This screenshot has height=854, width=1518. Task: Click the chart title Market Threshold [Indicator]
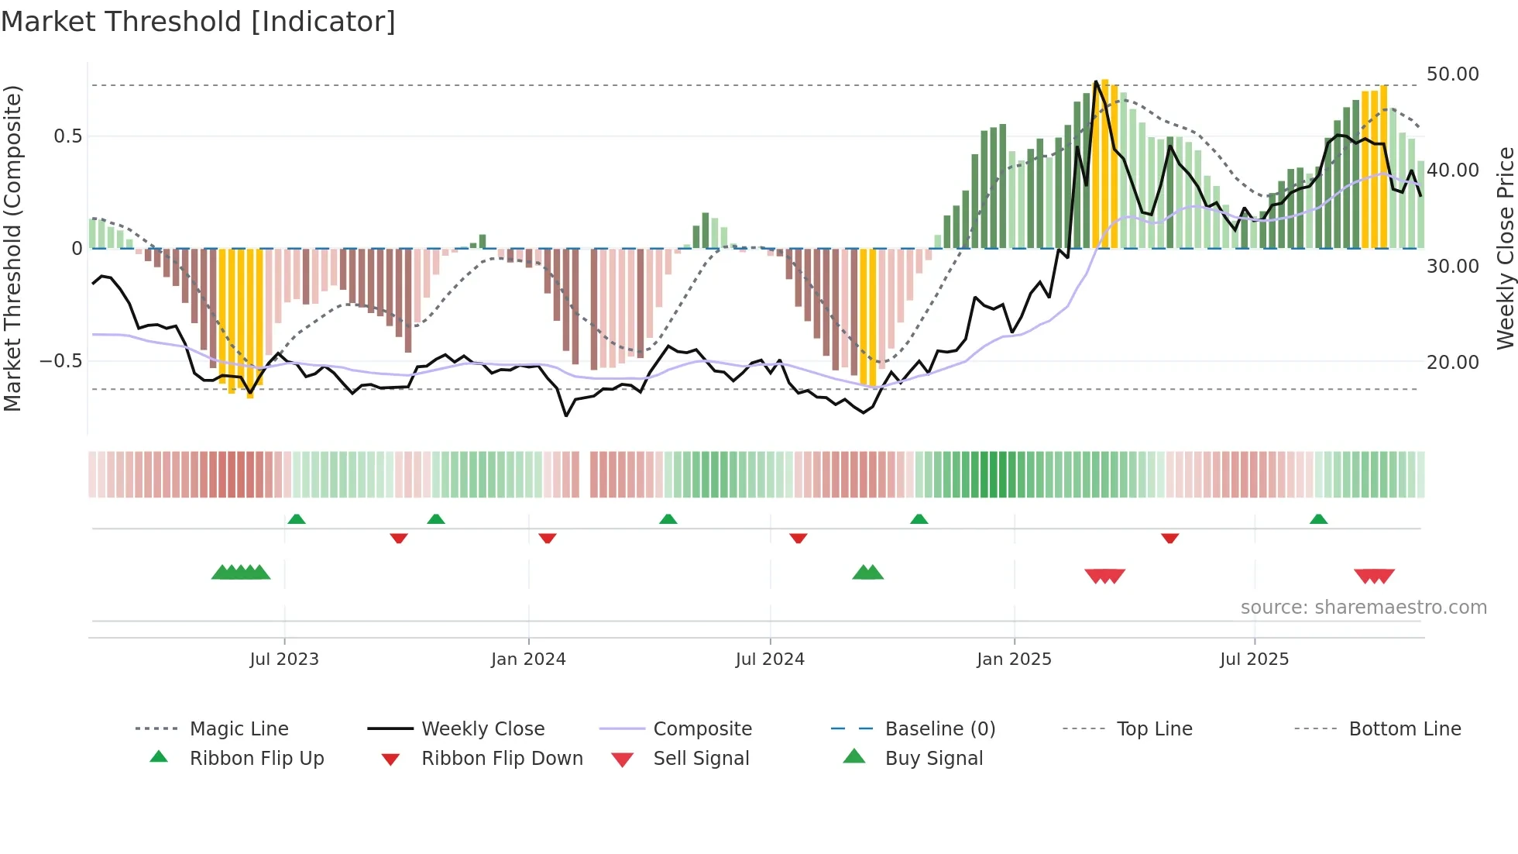click(198, 22)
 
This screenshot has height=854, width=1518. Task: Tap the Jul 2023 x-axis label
click(283, 659)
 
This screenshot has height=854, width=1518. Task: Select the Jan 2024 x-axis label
click(528, 659)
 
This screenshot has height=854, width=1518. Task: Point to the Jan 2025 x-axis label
click(1014, 659)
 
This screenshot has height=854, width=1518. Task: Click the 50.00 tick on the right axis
click(1452, 74)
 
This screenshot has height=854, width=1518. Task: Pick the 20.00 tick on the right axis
click(1452, 362)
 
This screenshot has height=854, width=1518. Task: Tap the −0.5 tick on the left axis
click(60, 361)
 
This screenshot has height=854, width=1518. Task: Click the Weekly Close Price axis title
click(1504, 248)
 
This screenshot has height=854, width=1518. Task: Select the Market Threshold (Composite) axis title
click(12, 248)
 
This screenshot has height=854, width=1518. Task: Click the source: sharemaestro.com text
click(1363, 608)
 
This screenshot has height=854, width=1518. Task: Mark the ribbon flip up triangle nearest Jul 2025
click(1318, 519)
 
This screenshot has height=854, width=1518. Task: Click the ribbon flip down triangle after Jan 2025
click(1169, 538)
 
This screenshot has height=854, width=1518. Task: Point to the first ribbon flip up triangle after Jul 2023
click(296, 519)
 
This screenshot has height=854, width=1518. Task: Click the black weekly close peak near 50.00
click(1095, 82)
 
